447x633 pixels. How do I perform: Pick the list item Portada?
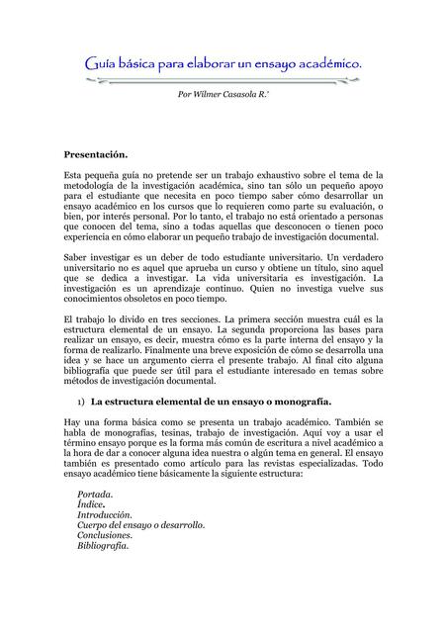click(x=95, y=493)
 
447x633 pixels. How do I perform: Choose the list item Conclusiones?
click(x=105, y=535)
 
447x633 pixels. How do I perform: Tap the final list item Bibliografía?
click(x=103, y=546)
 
